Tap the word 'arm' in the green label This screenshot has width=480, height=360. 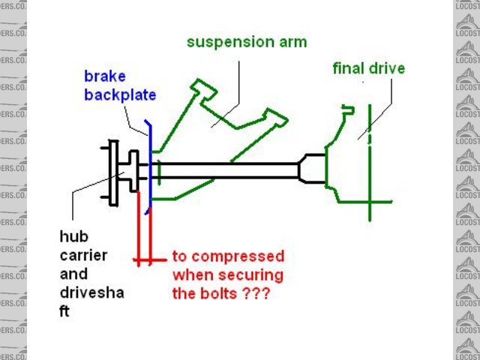coord(291,42)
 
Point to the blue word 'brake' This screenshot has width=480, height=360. coord(104,77)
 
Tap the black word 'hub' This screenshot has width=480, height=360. coord(73,237)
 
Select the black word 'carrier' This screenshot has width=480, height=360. coord(83,256)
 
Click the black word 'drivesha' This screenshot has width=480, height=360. coord(91,292)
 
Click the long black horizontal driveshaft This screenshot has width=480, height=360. coord(225,171)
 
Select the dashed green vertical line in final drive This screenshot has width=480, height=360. coord(370,150)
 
